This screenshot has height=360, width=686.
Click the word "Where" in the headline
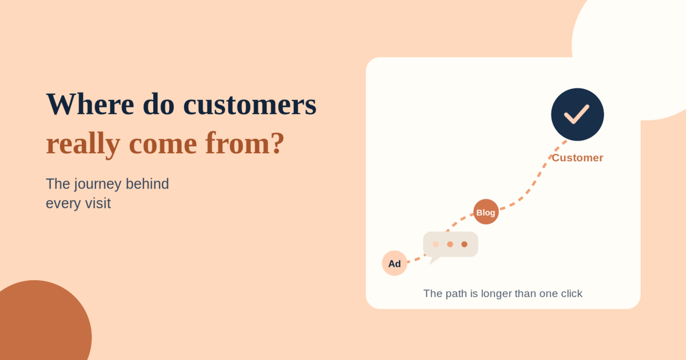click(90, 104)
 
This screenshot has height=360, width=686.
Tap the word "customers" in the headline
click(250, 105)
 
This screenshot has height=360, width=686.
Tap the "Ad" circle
click(394, 263)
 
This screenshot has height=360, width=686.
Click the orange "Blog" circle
click(486, 212)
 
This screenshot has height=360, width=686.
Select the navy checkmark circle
click(577, 114)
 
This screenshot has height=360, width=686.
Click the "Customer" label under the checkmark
click(577, 158)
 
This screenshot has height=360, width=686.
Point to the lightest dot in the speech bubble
click(436, 245)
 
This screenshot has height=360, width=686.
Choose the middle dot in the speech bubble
click(450, 245)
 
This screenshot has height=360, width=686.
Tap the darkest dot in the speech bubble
click(464, 245)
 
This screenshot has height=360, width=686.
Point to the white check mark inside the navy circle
click(577, 114)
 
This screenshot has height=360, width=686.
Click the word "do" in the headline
click(158, 104)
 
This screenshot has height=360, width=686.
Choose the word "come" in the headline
click(163, 144)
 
